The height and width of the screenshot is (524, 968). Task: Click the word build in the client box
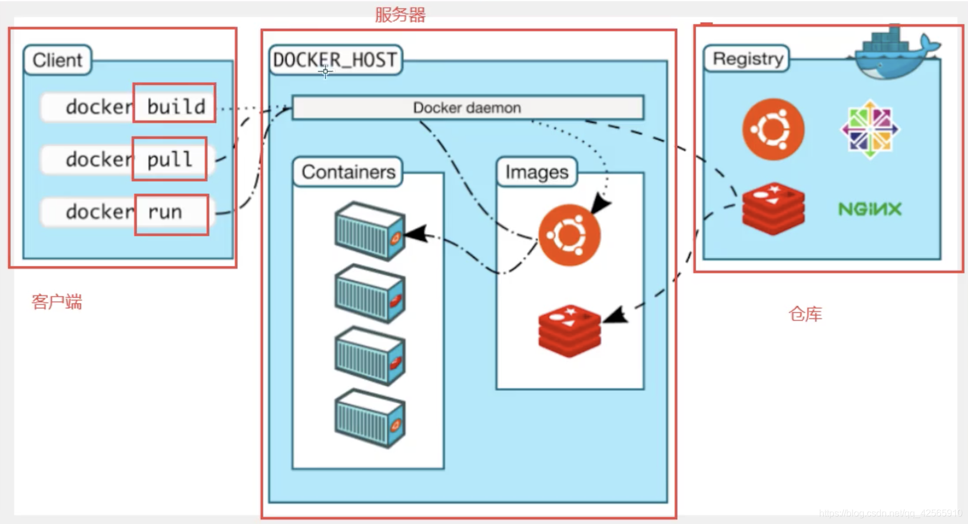pos(175,107)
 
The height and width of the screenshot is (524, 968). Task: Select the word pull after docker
pos(170,159)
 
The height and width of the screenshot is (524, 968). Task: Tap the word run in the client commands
pos(165,212)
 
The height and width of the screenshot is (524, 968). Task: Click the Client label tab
pos(57,60)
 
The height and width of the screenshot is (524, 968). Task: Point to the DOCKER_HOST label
pos(335,60)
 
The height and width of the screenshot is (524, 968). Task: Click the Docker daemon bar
pos(467,108)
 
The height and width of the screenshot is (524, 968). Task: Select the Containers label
pos(348,172)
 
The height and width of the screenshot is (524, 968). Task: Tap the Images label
pos(536,172)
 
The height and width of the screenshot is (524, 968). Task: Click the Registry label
pos(747,59)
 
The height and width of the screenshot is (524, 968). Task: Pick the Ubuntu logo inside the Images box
pos(569,235)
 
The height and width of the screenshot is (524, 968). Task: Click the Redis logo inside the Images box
pos(569,330)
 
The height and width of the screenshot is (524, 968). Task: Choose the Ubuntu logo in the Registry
pos(773,130)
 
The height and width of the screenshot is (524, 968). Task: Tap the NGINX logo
pos(870,209)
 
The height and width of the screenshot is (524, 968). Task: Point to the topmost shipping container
pos(369,231)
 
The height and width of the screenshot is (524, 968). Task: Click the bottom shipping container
pos(369,418)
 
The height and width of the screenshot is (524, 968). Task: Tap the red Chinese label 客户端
pos(57,302)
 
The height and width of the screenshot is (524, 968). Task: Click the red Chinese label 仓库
pos(805,314)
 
